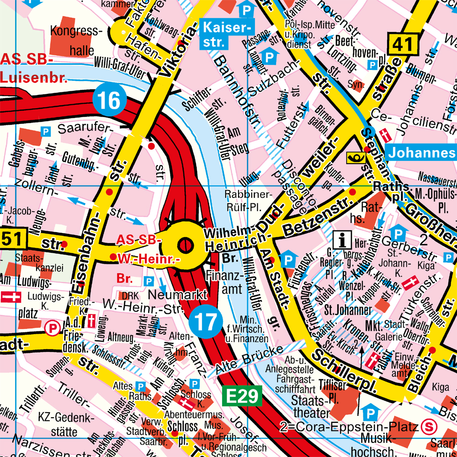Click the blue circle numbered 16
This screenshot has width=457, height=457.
109,100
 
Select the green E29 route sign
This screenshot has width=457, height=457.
242,396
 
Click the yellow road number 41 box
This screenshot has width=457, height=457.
404,44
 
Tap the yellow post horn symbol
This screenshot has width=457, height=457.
356,157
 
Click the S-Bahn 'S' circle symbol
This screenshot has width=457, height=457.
429,427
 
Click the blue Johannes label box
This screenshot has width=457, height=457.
421,152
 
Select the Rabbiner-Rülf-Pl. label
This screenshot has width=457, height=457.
249,201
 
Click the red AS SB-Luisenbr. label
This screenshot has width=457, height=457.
34,69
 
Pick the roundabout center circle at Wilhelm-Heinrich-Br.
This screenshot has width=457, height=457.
185,245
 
